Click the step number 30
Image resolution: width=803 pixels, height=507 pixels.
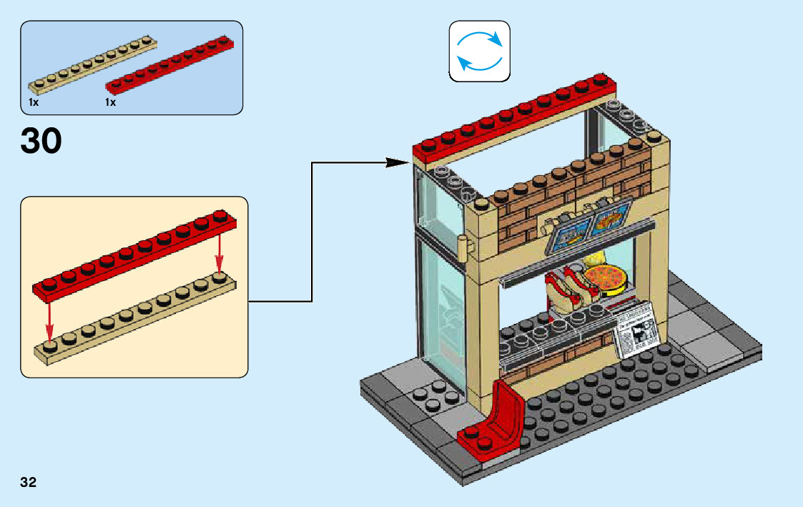coord(41,141)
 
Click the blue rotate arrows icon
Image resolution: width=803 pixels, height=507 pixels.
coord(479,50)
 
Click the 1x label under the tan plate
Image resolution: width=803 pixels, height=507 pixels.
coord(33,103)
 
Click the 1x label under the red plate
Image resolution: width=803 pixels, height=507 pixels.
coord(110,103)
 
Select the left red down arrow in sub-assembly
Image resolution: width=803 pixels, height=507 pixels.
coord(49,320)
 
